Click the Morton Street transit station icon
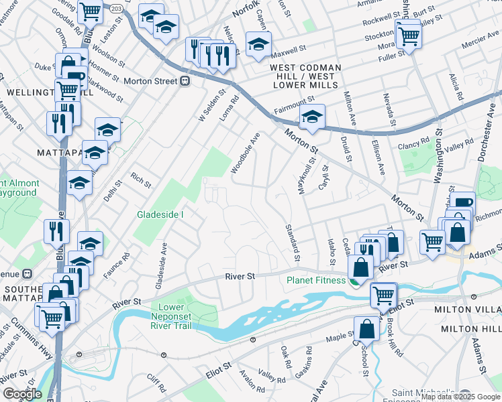click(185, 81)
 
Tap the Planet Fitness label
click(317, 280)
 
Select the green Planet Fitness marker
click(353, 281)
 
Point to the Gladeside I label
click(160, 214)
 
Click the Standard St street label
click(293, 243)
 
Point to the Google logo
click(21, 394)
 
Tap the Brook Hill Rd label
click(391, 332)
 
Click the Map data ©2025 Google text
click(460, 397)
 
